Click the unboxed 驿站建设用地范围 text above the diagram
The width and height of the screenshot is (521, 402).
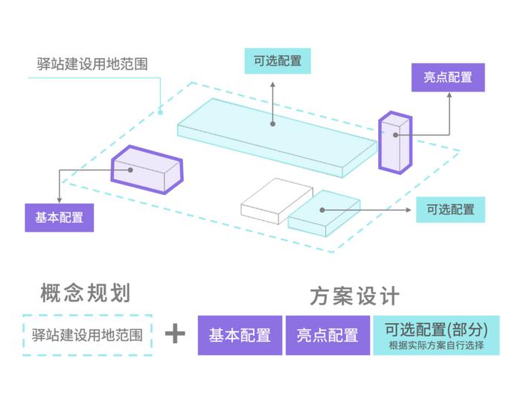tap(92, 63)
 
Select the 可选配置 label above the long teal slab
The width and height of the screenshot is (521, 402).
tap(278, 60)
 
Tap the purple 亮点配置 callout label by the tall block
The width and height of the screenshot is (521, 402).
tap(447, 77)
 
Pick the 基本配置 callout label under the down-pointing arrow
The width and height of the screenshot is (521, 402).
tap(60, 218)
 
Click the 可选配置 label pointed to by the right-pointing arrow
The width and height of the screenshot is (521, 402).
tap(450, 209)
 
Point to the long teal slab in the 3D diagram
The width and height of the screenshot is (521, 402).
tap(275, 138)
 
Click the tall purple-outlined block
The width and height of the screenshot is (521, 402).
tap(394, 141)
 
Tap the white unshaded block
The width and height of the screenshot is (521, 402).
tap(274, 200)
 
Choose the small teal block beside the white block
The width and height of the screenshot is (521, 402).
tap(323, 214)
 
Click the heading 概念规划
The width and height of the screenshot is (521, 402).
tap(86, 293)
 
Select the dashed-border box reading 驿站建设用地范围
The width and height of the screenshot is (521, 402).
tap(87, 334)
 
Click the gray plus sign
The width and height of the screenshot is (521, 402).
tap(175, 334)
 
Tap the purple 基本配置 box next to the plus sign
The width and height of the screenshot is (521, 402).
tap(240, 335)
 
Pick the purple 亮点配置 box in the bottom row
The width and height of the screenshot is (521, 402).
tap(327, 335)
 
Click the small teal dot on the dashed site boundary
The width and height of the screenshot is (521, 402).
tap(160, 113)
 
